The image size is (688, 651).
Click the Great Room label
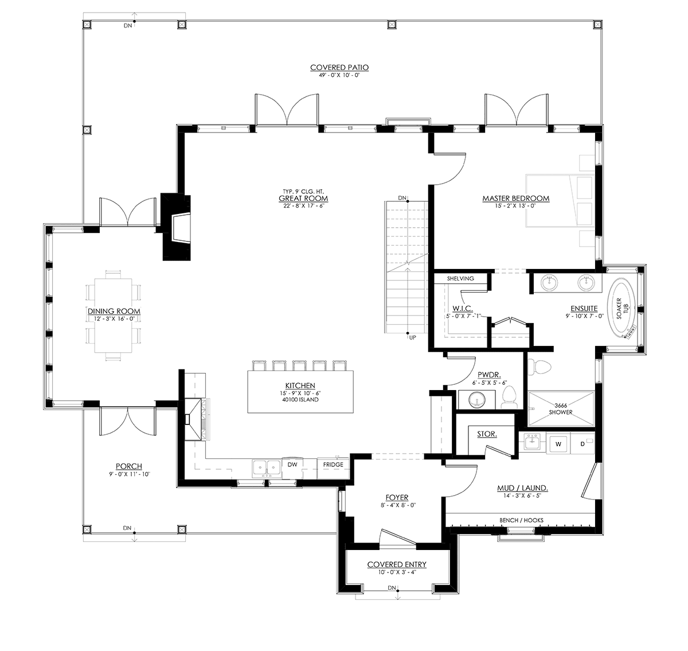click(303, 198)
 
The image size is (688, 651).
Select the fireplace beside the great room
click(176, 228)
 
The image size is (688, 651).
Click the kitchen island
click(300, 392)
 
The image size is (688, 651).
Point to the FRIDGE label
click(333, 465)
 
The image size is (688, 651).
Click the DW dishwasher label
click(292, 465)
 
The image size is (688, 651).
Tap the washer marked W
click(558, 444)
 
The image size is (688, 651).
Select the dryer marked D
click(583, 444)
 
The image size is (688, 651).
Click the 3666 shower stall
click(561, 409)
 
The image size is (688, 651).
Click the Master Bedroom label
click(516, 198)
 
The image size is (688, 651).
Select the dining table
click(113, 315)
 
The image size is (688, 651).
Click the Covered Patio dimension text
click(339, 75)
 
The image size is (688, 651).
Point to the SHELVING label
click(460, 278)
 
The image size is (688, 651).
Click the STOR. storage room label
click(487, 434)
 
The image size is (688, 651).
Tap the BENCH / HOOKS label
click(521, 520)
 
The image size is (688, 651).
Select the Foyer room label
click(397, 497)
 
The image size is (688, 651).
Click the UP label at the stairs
click(413, 338)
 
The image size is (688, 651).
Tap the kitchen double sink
click(267, 469)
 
